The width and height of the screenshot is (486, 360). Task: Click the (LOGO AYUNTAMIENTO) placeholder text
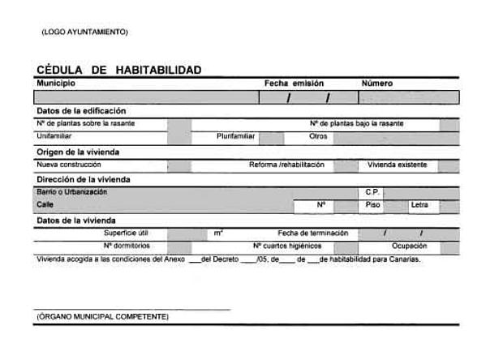tap(84, 32)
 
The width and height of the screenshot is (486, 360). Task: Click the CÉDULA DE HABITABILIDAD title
tap(118, 70)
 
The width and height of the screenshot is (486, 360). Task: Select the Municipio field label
tap(56, 83)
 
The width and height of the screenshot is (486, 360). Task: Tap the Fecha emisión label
tap(294, 83)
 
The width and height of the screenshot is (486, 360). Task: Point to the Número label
tap(377, 83)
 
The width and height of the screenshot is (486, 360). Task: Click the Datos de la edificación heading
tap(81, 110)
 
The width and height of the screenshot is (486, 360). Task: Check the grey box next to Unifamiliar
tap(179, 137)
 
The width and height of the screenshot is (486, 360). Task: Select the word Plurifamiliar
tap(236, 136)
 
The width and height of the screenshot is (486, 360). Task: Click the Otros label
tap(317, 136)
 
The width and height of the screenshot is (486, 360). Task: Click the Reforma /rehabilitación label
tap(286, 165)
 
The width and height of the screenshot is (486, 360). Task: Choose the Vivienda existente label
tap(397, 165)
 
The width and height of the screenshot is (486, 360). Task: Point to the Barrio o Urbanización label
tap(71, 192)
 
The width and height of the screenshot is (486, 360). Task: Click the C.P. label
tap(372, 192)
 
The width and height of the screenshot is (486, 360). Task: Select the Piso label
tap(372, 205)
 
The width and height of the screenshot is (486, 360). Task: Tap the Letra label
tap(419, 205)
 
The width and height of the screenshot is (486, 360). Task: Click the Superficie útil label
tap(126, 233)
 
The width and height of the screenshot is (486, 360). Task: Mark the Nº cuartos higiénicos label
tap(287, 246)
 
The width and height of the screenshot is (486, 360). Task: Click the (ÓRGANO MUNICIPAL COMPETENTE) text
tap(103, 316)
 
